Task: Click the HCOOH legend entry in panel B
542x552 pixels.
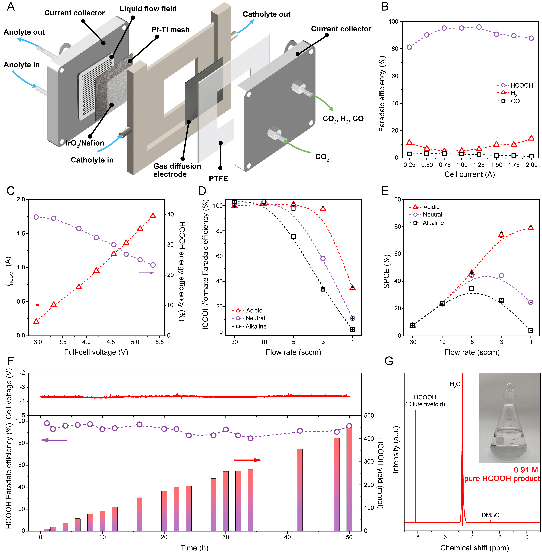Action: click(515, 85)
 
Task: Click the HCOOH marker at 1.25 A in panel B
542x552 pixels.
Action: click(479, 27)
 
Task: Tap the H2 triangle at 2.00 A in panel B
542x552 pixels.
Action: click(531, 138)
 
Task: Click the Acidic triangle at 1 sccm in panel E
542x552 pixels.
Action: click(531, 228)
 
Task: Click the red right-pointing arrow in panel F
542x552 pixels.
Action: click(248, 460)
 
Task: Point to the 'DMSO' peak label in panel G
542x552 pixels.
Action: click(490, 515)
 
